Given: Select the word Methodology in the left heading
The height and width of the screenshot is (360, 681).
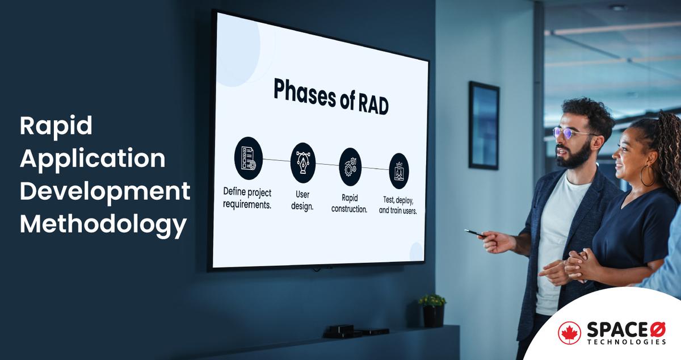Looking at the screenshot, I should (103, 224).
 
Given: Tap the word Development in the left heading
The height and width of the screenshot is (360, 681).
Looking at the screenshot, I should (105, 192).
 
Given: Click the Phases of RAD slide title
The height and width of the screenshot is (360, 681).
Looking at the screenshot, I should (331, 97).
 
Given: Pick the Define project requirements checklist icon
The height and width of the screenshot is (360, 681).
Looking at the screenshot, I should (248, 158).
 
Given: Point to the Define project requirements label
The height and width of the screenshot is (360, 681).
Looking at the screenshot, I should (247, 198).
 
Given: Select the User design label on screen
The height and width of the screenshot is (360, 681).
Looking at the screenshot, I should (302, 200).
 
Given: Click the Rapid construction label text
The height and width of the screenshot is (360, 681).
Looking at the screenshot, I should (350, 203).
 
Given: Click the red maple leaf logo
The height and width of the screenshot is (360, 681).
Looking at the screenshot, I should (569, 333).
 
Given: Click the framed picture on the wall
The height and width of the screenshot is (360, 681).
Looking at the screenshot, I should (484, 125).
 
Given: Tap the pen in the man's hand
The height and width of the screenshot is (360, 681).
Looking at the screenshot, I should (475, 233).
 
